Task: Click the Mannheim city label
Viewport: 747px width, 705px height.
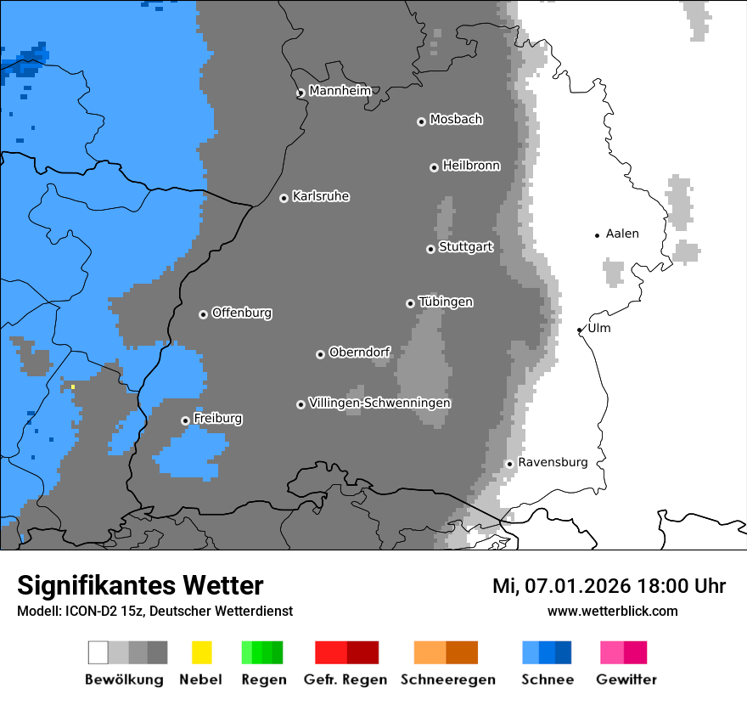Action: tap(340, 91)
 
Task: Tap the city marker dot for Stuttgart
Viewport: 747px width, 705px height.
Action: tap(430, 249)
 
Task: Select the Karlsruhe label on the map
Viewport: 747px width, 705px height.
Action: tap(320, 196)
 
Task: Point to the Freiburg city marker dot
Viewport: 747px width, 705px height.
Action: tap(185, 420)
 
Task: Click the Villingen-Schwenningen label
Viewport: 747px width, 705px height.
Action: tap(379, 403)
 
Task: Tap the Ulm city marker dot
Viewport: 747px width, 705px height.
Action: tap(580, 330)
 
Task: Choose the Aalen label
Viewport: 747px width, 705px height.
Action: tap(621, 234)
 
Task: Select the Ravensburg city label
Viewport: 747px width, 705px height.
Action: tap(552, 462)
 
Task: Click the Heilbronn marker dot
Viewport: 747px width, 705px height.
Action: tap(434, 167)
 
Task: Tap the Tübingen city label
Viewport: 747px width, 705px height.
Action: tap(446, 302)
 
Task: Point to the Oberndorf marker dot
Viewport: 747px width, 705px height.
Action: tap(320, 354)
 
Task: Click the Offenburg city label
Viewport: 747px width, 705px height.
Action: tap(241, 313)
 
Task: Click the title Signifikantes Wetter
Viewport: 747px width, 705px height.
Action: tap(140, 585)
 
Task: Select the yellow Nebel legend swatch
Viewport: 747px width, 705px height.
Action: tap(201, 652)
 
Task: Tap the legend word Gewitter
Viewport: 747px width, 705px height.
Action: tap(626, 680)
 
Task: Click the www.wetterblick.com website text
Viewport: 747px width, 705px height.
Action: tap(612, 611)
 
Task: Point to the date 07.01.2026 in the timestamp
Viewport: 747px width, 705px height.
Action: tap(577, 586)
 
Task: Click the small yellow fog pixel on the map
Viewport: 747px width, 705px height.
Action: tap(73, 386)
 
